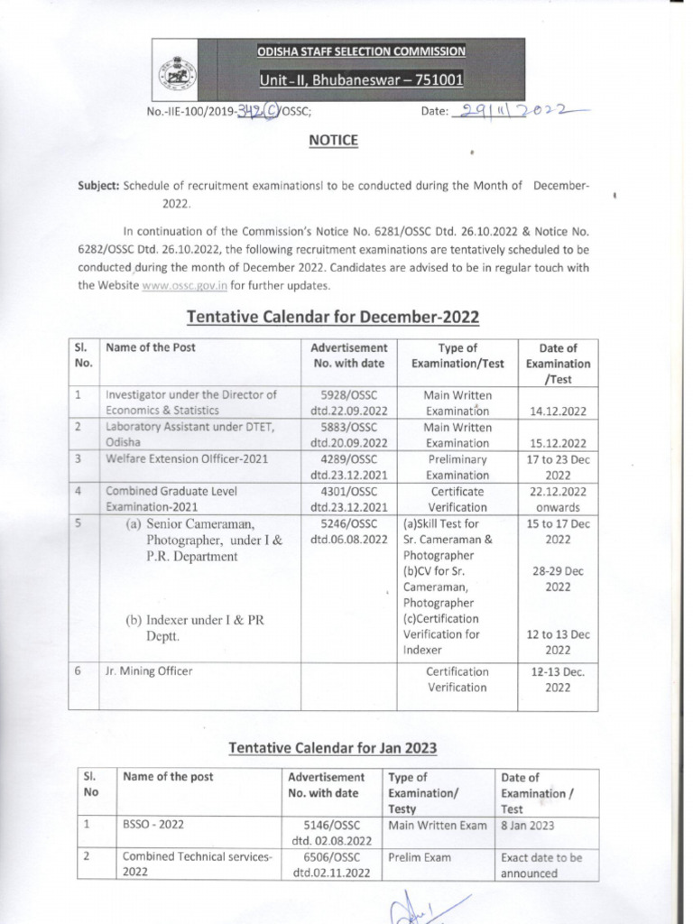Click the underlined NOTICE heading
pos(334,141)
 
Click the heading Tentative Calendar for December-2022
pos(332,317)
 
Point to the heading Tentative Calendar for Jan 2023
pos(333,748)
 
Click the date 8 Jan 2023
pos(528,826)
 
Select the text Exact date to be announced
pos(541,865)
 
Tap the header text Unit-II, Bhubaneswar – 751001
pos(362,80)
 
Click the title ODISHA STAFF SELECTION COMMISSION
pos(362,51)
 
